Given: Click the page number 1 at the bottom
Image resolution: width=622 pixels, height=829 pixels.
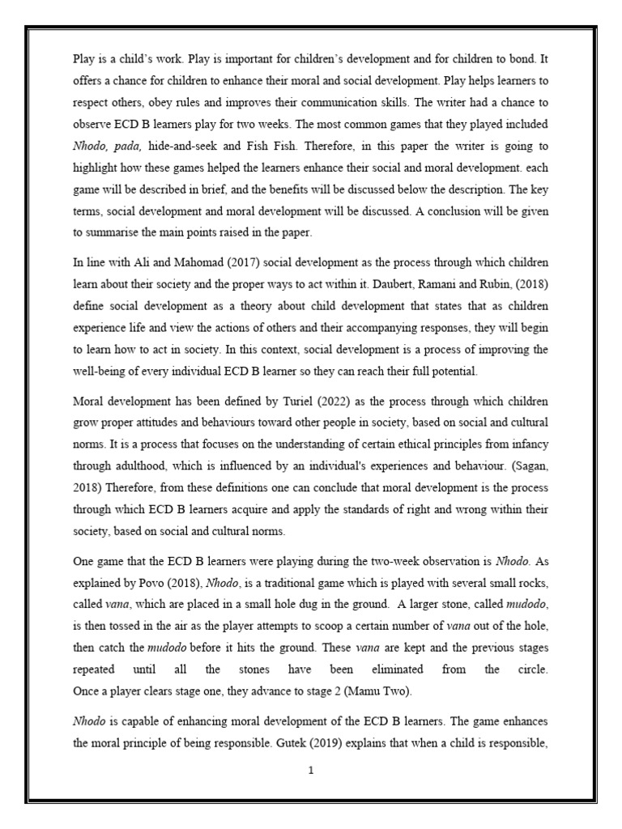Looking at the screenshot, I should coord(311,771).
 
